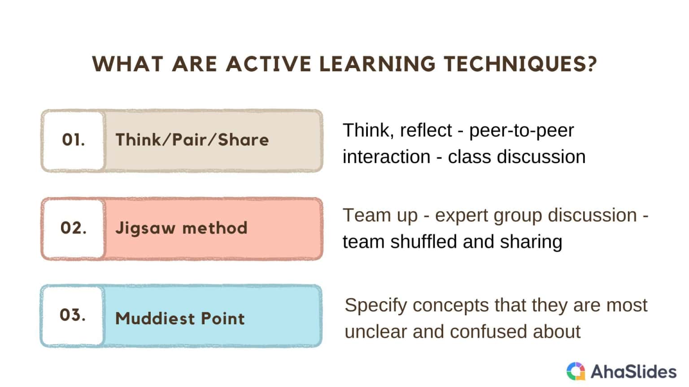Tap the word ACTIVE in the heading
click(268, 64)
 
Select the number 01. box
click(74, 140)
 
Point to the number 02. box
click(74, 228)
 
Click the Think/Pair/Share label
click(192, 140)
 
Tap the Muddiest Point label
click(180, 318)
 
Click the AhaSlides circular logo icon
click(576, 371)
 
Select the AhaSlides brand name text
click(633, 372)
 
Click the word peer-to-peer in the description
click(521, 131)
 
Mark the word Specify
click(376, 306)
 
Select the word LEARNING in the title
click(377, 64)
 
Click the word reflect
click(426, 131)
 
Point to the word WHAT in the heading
click(128, 64)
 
